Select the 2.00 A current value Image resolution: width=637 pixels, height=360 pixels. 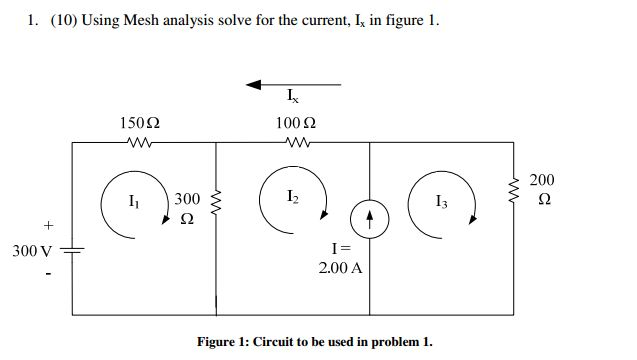point(340,268)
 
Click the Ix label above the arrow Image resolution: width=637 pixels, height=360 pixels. point(291,98)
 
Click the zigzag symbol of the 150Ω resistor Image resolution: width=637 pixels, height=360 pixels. point(139,143)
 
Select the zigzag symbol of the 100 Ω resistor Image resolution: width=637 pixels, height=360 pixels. point(296,143)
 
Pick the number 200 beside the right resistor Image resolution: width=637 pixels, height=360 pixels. point(541,179)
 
